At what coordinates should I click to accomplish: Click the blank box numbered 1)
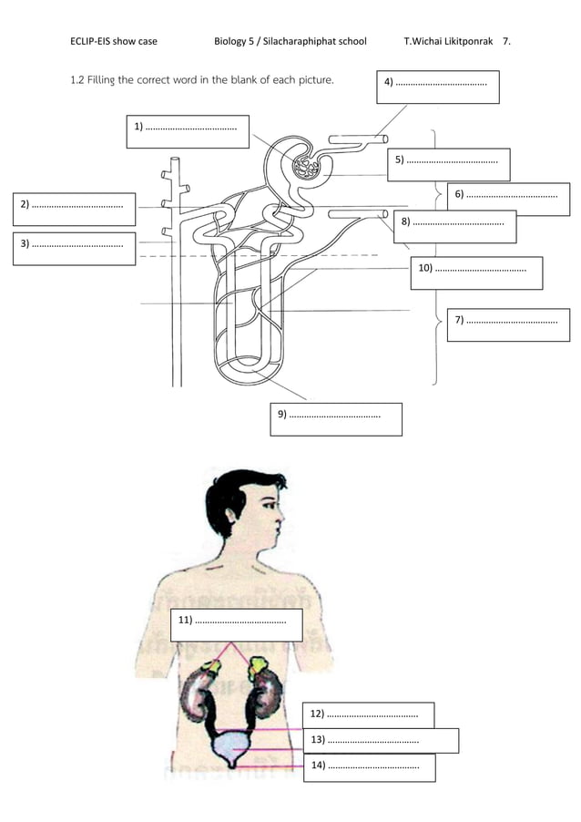[x=188, y=131]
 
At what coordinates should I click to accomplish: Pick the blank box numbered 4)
[x=437, y=88]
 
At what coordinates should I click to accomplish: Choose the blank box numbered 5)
[x=449, y=165]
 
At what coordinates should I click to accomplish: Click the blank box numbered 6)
[x=508, y=199]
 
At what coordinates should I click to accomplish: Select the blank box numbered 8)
[x=455, y=226]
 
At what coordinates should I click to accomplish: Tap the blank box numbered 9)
[x=336, y=419]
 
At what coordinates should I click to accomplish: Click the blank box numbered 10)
[x=475, y=272]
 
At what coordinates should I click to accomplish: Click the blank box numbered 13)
[x=381, y=740]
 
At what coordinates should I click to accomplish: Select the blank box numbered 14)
[x=369, y=767]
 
